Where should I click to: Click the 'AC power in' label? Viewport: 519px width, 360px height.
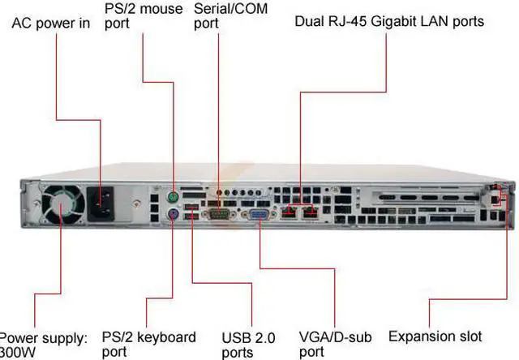coord(50,23)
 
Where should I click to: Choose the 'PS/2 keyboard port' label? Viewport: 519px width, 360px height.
coord(148,344)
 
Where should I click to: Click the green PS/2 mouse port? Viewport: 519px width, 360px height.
coord(174,197)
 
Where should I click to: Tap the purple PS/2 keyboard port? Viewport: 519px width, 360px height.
coord(174,215)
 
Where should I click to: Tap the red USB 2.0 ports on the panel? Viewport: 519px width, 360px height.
coord(191,214)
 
